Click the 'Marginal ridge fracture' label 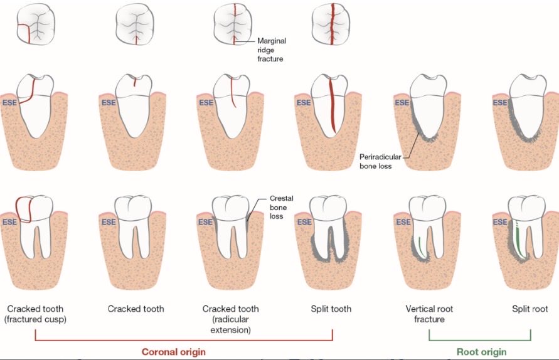271,50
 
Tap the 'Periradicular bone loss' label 380,161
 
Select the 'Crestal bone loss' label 281,207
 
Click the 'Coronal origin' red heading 174,352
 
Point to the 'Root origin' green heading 481,352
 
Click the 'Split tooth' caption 331,309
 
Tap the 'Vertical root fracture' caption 429,314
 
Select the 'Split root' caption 530,309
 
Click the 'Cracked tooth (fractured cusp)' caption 35,314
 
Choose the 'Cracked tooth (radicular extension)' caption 231,319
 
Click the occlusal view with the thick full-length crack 331,24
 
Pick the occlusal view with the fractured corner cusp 36,24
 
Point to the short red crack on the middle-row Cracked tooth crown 135,82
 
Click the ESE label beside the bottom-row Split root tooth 500,222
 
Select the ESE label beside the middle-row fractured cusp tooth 9,103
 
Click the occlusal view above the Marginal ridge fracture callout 233,24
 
